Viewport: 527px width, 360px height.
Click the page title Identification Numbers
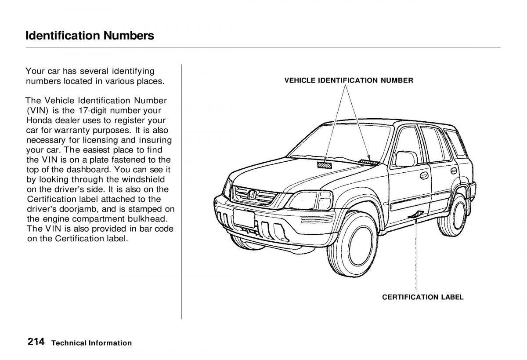90,35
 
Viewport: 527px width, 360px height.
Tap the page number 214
35,342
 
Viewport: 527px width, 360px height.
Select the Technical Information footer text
91,343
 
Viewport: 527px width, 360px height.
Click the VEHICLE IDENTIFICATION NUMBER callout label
348,80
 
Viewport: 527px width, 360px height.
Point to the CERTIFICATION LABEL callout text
422,297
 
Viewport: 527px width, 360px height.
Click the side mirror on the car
405,159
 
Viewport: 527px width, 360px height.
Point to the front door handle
424,175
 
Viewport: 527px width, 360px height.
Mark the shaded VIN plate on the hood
325,165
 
